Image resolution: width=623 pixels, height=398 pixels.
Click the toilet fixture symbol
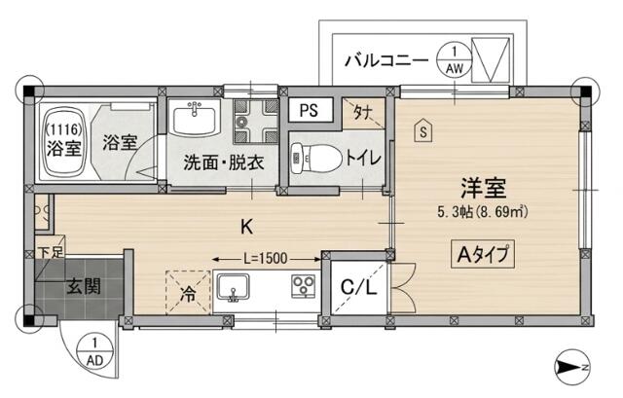click(316, 159)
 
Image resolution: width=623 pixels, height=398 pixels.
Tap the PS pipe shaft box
click(310, 110)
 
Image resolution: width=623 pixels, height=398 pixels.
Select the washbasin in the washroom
click(195, 117)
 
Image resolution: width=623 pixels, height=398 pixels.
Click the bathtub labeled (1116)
click(64, 143)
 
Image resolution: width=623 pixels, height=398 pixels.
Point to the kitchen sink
click(233, 288)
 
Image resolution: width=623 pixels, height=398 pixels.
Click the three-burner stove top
click(304, 286)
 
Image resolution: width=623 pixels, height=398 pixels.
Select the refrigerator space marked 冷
click(188, 292)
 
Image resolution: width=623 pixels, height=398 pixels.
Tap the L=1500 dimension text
click(266, 259)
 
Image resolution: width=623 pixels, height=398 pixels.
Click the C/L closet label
click(359, 288)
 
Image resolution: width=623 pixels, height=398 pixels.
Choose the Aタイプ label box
click(483, 254)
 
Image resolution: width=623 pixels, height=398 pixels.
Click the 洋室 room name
click(483, 188)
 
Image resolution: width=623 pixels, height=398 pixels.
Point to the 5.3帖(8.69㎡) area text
click(483, 212)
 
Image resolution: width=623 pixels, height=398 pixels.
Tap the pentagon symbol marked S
click(423, 130)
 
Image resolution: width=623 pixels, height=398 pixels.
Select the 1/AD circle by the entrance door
click(95, 351)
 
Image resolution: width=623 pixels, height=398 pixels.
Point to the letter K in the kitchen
click(246, 227)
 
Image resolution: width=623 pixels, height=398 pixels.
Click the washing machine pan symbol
click(256, 121)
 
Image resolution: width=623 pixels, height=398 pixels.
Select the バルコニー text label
click(386, 60)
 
